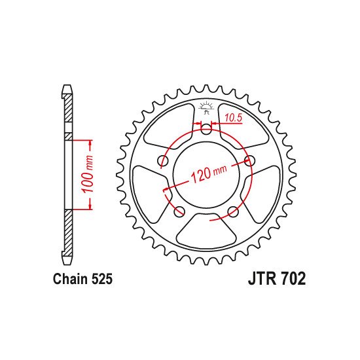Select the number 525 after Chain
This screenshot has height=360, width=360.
pyautogui.click(x=103, y=279)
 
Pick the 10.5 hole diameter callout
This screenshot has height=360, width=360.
pyautogui.click(x=232, y=117)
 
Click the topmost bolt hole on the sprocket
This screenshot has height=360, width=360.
pyautogui.click(x=206, y=130)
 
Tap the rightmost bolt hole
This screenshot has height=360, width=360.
pyautogui.click(x=249, y=160)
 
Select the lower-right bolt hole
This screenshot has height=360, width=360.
pyautogui.click(x=232, y=211)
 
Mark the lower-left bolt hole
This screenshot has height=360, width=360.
pyautogui.click(x=179, y=211)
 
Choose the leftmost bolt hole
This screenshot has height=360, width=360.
pyautogui.click(x=163, y=160)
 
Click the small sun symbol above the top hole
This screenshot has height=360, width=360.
pyautogui.click(x=206, y=105)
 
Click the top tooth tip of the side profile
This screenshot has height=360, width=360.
pyautogui.click(x=67, y=86)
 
